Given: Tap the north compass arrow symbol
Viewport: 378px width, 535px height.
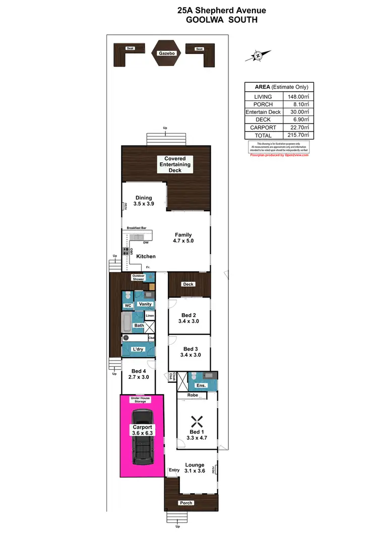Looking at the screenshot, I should [258, 55].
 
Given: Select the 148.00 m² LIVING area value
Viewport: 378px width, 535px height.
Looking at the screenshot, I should [297, 97].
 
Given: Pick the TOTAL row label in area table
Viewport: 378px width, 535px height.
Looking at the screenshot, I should [263, 136].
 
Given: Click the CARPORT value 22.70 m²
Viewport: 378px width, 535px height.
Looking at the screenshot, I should [297, 128].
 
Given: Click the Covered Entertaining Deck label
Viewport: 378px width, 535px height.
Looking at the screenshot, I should [175, 164].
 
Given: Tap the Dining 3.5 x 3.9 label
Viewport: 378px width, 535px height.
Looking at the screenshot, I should [144, 201].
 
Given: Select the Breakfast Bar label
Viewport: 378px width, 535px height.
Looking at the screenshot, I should [137, 228].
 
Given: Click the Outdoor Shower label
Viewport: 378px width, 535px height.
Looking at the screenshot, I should [138, 277].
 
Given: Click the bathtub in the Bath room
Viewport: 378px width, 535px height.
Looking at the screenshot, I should [127, 322].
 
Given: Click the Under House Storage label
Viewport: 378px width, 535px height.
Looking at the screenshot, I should [143, 399].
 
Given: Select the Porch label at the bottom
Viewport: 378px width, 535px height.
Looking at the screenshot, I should [186, 503].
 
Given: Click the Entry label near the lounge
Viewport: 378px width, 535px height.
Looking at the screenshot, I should [174, 470].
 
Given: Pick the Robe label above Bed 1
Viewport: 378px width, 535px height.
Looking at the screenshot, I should [193, 396].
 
